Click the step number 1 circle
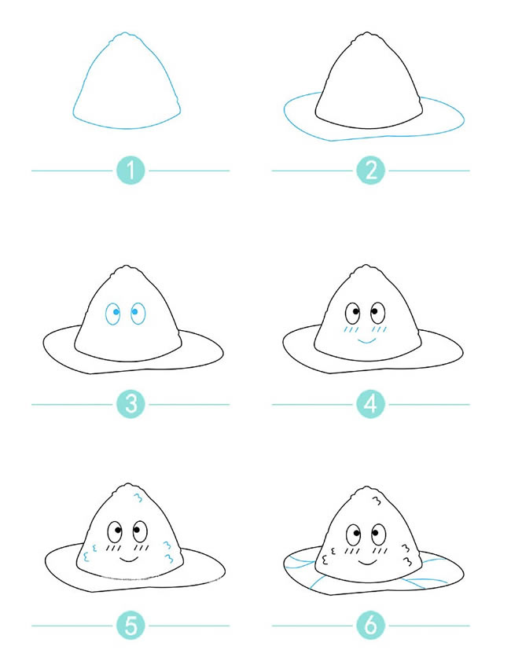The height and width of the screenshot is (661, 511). [x=131, y=171]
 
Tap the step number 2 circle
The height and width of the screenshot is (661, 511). [x=370, y=171]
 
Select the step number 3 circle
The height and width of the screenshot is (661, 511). [x=131, y=404]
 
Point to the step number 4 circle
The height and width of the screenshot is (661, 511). [x=370, y=404]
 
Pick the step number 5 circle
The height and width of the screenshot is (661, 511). [x=131, y=625]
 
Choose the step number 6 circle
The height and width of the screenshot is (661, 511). [x=370, y=625]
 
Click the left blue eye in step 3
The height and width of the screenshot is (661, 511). [x=113, y=314]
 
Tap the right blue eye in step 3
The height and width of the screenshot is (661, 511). [x=138, y=314]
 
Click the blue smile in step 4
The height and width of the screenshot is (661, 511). [x=366, y=340]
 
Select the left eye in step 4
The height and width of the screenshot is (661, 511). [x=352, y=314]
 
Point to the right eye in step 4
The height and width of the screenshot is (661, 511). [x=377, y=313]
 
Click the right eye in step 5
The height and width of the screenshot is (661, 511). [x=140, y=531]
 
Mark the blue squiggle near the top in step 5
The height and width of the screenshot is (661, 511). [x=138, y=498]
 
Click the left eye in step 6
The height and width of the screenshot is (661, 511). [x=353, y=535]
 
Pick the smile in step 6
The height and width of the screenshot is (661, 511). [x=368, y=562]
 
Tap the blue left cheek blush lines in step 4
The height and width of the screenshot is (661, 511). [x=351, y=329]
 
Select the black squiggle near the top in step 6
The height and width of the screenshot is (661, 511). [x=377, y=501]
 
